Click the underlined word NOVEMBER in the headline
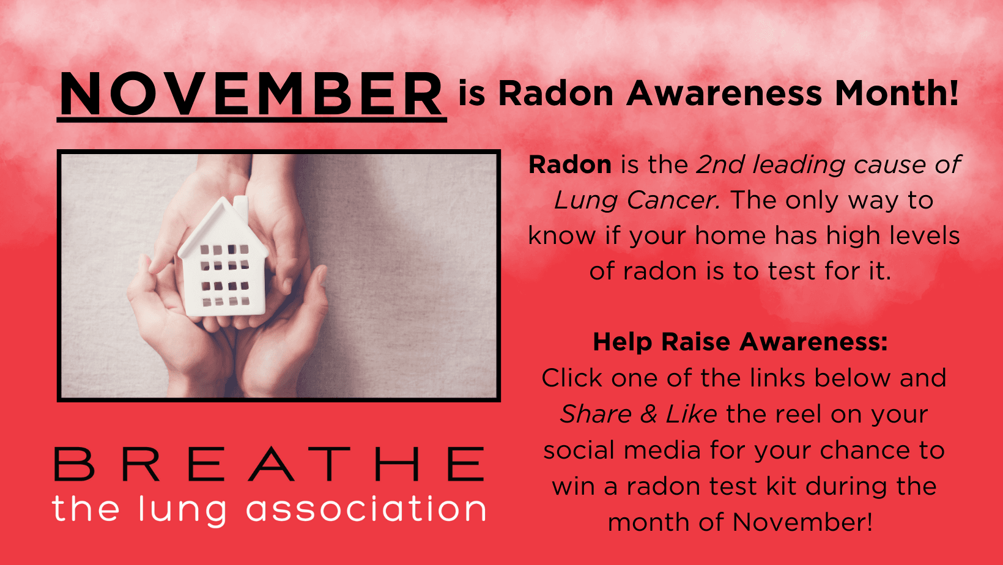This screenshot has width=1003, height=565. tap(251, 94)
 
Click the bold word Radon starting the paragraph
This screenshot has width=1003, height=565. tap(570, 164)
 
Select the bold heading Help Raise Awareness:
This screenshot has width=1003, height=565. tap(740, 342)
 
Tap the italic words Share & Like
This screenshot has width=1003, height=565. tap(638, 414)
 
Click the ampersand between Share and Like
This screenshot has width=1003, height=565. tap(648, 414)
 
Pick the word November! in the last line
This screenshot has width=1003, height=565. tap(802, 522)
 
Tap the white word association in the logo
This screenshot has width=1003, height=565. tap(366, 509)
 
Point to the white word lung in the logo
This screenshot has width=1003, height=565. tap(183, 511)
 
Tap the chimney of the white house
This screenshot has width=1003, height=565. tap(241, 207)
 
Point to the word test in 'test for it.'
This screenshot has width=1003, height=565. tap(791, 271)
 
